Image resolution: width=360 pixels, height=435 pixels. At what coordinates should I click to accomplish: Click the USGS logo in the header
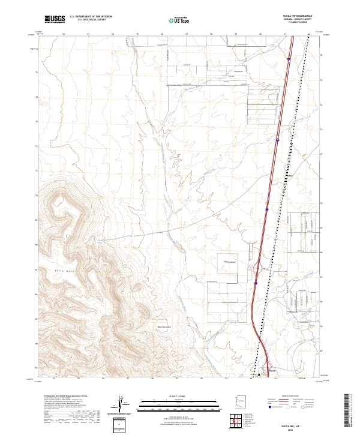pos(55,20)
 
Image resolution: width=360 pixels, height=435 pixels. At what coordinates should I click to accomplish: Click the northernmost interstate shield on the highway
pos(289,59)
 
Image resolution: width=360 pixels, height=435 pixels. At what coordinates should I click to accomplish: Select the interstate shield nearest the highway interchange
pos(256,283)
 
